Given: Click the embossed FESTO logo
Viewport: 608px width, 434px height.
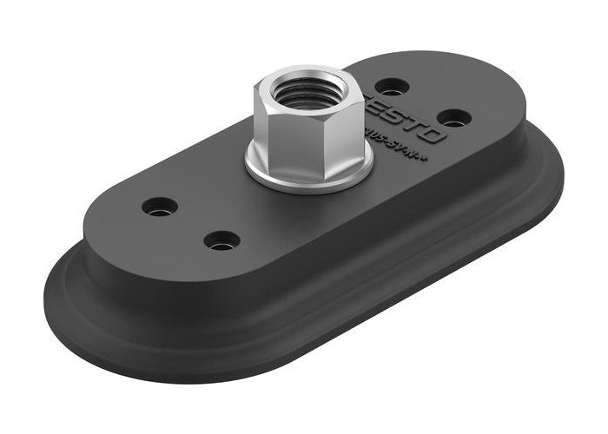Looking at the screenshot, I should [x=408, y=114].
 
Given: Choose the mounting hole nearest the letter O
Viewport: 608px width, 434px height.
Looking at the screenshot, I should [x=453, y=115].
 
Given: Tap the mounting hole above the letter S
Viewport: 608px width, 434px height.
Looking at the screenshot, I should [x=393, y=86].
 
